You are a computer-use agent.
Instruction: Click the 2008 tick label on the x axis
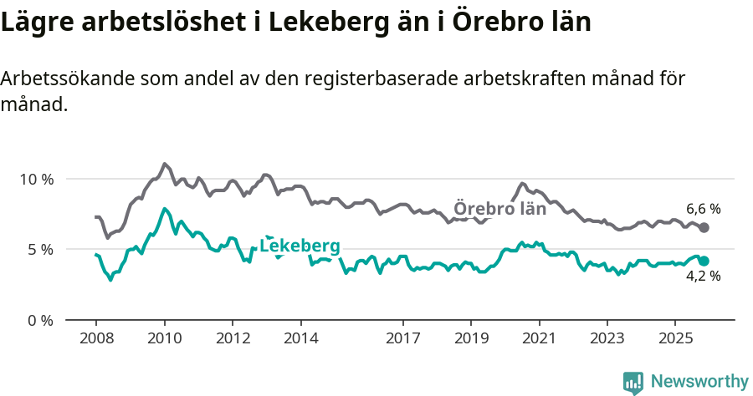[95, 338]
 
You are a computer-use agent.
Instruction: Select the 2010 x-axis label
[164, 338]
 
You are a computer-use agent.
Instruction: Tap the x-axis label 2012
[233, 338]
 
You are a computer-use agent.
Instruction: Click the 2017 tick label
[403, 338]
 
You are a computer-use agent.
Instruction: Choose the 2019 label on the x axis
[471, 338]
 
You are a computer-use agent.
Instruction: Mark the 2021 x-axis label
[540, 338]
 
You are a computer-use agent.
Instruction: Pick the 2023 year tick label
[607, 338]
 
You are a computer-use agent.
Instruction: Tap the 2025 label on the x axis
[675, 338]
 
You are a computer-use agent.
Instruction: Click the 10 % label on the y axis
[36, 180]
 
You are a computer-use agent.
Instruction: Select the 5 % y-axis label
[40, 250]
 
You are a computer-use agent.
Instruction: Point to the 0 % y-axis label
[40, 320]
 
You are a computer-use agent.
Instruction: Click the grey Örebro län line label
[499, 209]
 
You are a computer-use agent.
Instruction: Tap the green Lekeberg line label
[300, 246]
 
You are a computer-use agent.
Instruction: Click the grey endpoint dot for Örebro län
[704, 227]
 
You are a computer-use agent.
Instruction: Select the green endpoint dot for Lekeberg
[704, 261]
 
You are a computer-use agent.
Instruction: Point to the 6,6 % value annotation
[703, 209]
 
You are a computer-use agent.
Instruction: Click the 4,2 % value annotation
[703, 277]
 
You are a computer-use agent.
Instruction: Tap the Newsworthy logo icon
[633, 382]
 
